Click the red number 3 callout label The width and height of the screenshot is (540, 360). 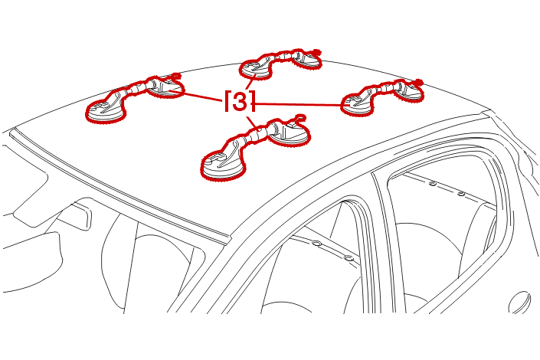click(x=241, y=101)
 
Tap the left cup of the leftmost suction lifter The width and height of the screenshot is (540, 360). click(x=104, y=110)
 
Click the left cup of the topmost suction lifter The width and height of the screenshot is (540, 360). click(x=256, y=69)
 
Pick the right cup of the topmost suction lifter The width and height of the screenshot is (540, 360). click(x=306, y=61)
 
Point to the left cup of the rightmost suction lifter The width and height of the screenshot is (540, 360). click(x=358, y=103)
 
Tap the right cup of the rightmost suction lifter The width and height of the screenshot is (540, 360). click(x=408, y=91)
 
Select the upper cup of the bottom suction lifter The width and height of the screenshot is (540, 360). click(x=290, y=134)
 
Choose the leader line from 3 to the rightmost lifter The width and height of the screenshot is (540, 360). click(x=299, y=104)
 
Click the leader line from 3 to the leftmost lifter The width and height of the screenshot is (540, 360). click(x=201, y=97)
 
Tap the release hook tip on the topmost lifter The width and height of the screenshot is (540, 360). click(x=316, y=52)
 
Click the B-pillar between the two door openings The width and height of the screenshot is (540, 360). click(x=382, y=241)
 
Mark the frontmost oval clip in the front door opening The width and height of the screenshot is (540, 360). click(x=316, y=244)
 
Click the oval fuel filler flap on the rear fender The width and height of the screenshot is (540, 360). click(x=520, y=303)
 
